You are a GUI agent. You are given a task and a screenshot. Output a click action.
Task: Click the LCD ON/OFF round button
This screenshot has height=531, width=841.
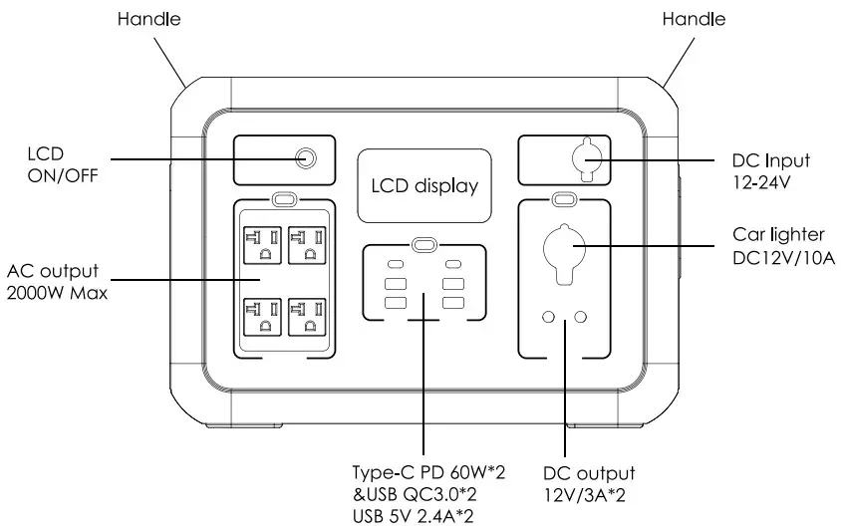click(308, 158)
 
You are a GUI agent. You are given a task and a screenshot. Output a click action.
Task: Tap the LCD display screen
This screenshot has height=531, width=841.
click(424, 185)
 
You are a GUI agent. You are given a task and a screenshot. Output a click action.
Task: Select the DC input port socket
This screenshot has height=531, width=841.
click(583, 158)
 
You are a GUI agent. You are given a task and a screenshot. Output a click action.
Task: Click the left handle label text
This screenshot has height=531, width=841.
click(148, 19)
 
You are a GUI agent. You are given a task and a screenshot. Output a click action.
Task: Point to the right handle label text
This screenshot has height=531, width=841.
click(694, 19)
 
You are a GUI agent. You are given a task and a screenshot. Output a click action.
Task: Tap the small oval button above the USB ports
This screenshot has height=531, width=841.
click(424, 244)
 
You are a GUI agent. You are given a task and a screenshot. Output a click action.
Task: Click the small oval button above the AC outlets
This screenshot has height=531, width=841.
click(284, 199)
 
